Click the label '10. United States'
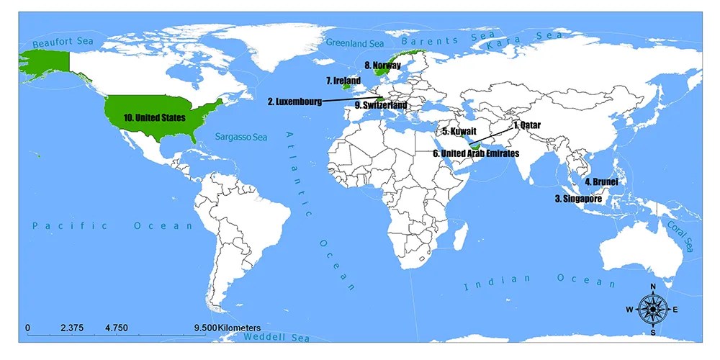pyautogui.click(x=154, y=117)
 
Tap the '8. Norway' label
pyautogui.click(x=382, y=66)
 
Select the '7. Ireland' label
pyautogui.click(x=343, y=81)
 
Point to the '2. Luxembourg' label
pyautogui.click(x=294, y=102)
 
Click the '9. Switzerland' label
pyautogui.click(x=381, y=105)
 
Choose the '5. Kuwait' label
pyautogui.click(x=459, y=132)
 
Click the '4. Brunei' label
pyautogui.click(x=601, y=182)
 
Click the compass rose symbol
pyautogui.click(x=652, y=309)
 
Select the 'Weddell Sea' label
pyautogui.click(x=276, y=338)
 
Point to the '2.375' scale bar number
pyautogui.click(x=72, y=327)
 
